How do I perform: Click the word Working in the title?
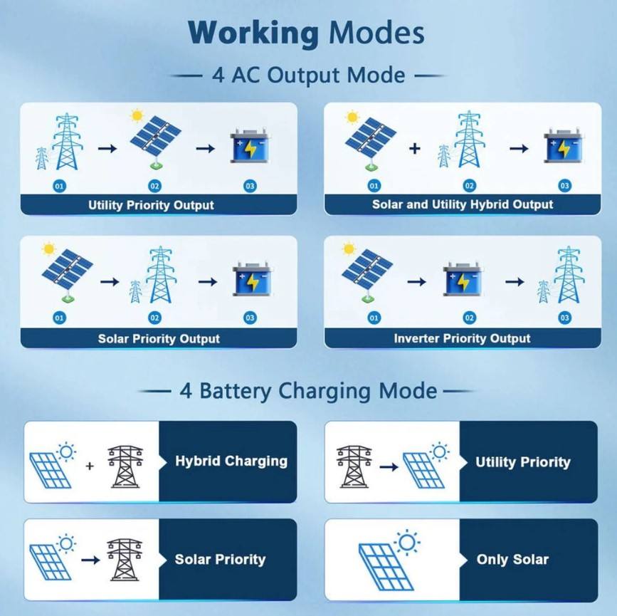253,33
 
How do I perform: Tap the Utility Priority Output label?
151,205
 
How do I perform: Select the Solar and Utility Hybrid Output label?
463,204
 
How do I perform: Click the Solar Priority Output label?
159,338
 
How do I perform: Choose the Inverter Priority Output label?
462,338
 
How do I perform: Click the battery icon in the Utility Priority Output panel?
250,148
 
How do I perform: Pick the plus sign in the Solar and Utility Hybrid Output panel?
415,149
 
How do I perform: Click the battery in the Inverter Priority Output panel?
463,281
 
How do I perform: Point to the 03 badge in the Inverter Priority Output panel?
564,318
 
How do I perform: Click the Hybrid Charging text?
231,461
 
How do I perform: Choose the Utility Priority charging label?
523,462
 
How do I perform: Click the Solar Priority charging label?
220,559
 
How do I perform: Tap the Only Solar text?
512,559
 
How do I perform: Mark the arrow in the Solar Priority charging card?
90,560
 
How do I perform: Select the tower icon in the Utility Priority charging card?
354,466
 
